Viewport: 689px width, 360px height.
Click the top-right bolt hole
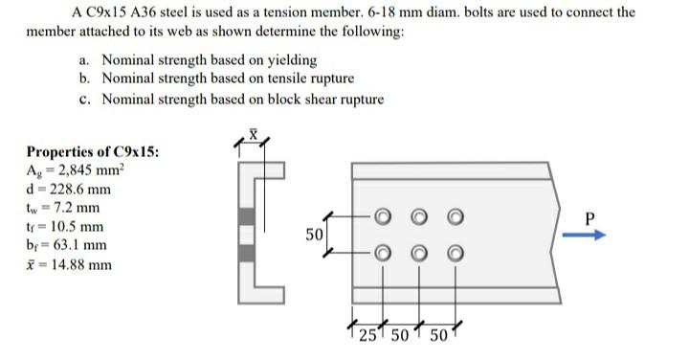[455, 216]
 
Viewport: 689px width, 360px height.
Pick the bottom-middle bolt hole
[420, 253]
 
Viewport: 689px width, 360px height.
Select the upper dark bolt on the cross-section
[246, 216]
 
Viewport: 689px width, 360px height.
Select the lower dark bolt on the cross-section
[246, 253]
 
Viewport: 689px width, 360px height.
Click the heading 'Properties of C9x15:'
[93, 152]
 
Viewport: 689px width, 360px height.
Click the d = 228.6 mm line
[69, 189]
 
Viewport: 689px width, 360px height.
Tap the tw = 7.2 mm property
[63, 208]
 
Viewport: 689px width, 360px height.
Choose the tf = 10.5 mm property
[66, 227]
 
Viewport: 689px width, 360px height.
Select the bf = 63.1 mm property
[66, 245]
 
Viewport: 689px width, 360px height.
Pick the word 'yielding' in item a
[289, 59]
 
